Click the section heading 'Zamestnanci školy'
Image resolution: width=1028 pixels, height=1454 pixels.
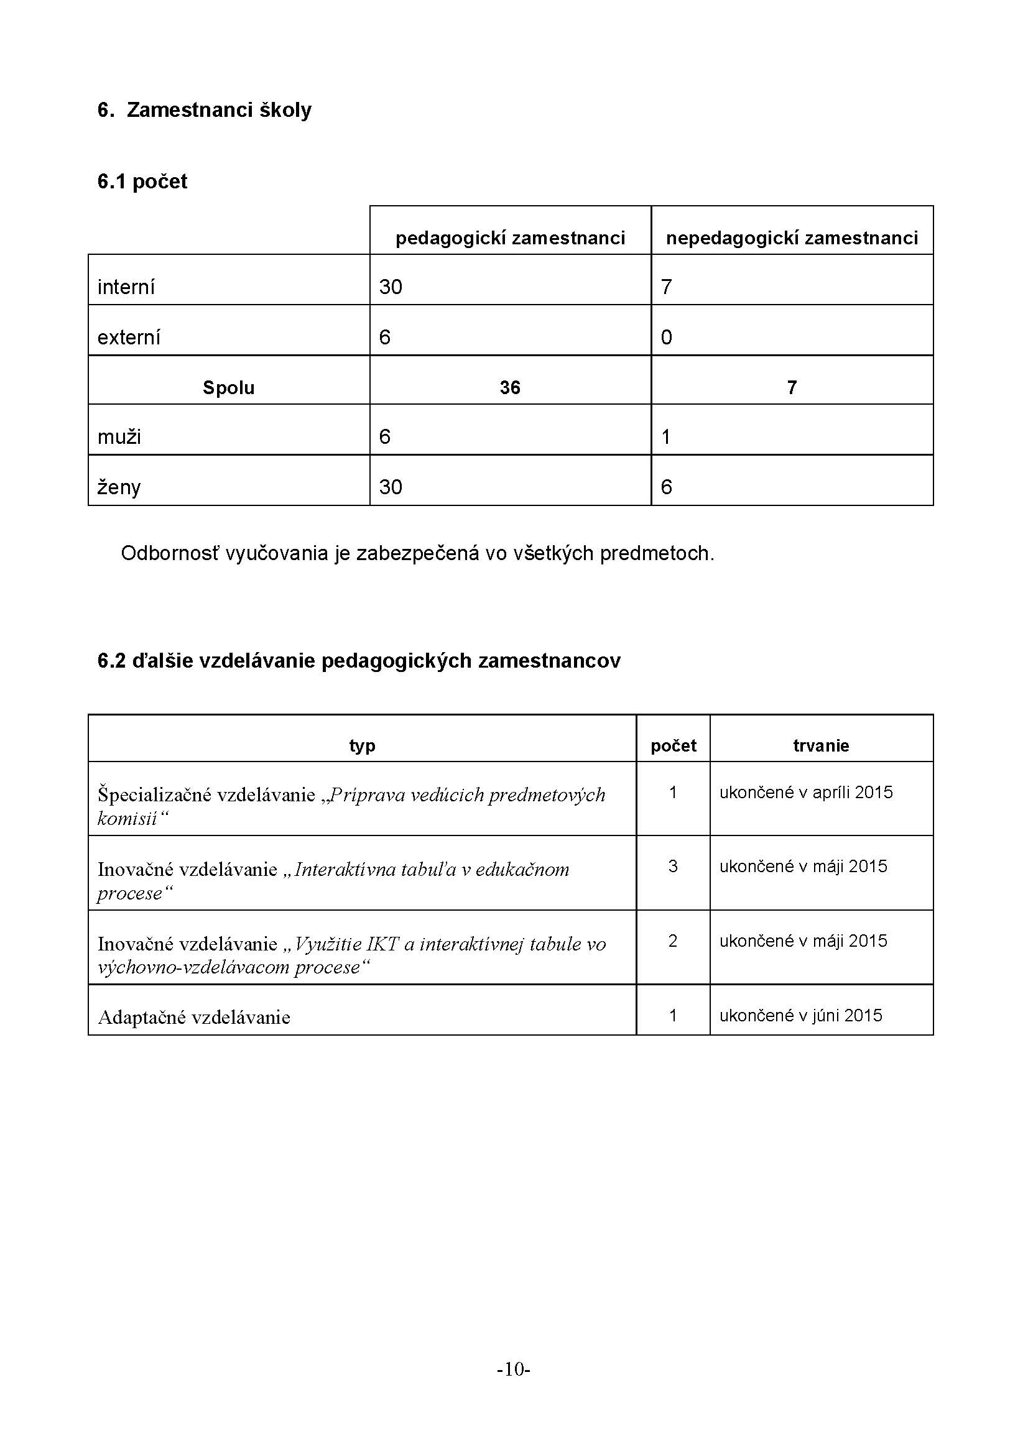point(218,110)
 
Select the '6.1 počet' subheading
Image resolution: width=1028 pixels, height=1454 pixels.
point(142,182)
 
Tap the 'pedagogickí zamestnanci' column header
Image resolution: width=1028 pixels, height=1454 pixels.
point(510,238)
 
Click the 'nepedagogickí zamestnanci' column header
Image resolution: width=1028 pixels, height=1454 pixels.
point(792,238)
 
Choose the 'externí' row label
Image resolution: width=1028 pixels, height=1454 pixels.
point(129,338)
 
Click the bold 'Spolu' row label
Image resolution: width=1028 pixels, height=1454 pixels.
point(229,387)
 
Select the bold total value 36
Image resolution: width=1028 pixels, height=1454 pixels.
point(510,387)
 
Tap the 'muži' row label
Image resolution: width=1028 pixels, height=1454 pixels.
point(119,437)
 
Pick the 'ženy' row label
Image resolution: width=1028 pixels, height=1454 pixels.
point(119,487)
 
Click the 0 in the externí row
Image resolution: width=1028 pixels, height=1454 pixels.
point(666,338)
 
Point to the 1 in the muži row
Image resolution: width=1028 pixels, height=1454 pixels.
point(665,437)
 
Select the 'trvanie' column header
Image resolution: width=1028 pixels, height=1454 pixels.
point(821,745)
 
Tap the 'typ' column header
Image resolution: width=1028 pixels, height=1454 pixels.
point(363,745)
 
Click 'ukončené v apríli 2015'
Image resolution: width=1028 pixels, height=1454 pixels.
point(806,792)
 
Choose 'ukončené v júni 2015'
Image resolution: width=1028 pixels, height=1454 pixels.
point(800,1015)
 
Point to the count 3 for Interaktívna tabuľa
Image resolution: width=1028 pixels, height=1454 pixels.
point(673,867)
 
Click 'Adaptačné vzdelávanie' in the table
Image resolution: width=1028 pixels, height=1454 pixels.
point(194,1017)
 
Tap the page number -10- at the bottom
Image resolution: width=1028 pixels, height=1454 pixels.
point(513,1370)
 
